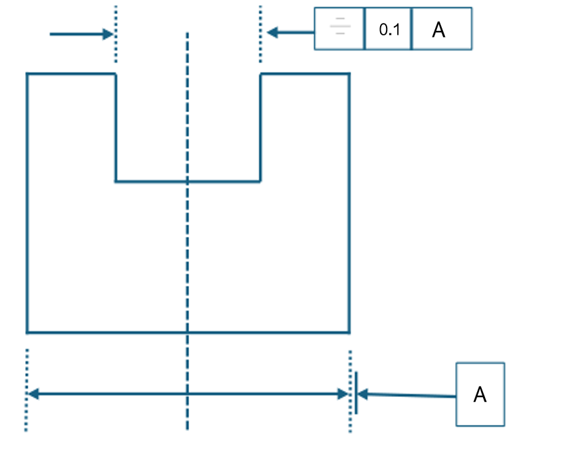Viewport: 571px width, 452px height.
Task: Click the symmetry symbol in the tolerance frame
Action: [339, 29]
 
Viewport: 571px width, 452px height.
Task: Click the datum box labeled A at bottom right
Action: [480, 394]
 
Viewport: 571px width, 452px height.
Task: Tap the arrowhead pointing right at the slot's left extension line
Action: [109, 33]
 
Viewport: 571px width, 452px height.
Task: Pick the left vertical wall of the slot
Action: [116, 128]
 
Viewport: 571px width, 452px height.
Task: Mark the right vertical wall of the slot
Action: [261, 128]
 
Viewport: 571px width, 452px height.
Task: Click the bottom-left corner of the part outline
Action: [27, 333]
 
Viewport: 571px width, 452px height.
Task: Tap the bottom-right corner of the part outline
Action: [349, 333]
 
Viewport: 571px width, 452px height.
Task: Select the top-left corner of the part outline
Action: [27, 73]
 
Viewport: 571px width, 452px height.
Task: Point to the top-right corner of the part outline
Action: [349, 73]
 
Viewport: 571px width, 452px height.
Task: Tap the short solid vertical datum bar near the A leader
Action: [356, 394]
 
